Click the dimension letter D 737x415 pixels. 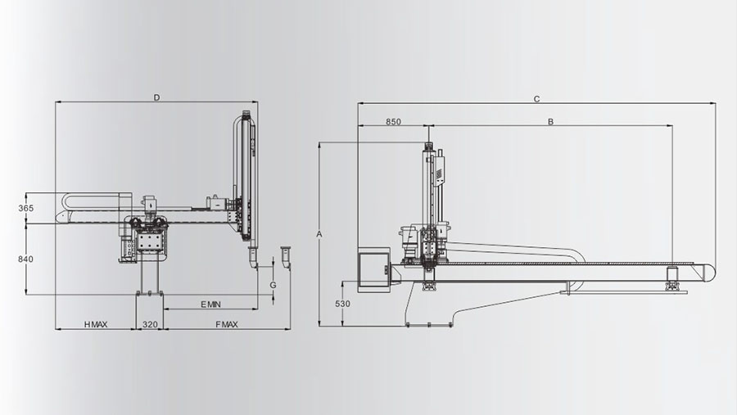pos(157,97)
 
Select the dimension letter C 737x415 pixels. pos(536,99)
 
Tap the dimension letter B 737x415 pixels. pos(550,122)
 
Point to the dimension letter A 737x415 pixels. pos(319,234)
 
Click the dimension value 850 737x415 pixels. pos(393,122)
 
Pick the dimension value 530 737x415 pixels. pos(342,304)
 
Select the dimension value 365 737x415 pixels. pos(26,208)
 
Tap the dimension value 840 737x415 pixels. pos(26,259)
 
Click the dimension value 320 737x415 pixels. pos(150,324)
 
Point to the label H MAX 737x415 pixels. pos(96,324)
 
